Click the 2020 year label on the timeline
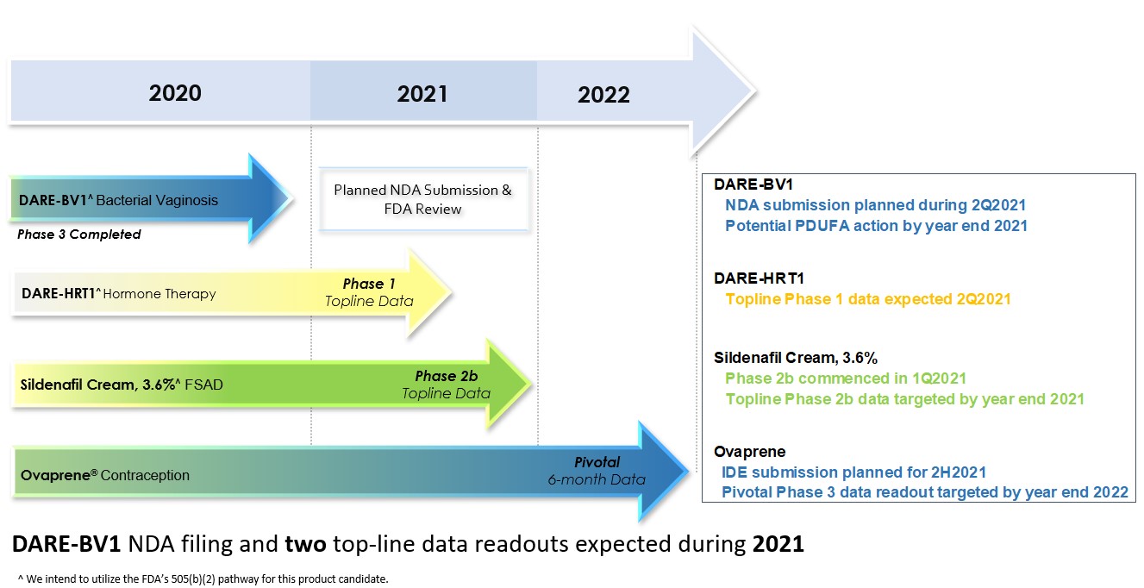point(175,92)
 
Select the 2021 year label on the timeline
point(422,93)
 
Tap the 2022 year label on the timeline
point(603,94)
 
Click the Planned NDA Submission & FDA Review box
point(422,199)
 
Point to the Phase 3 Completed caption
point(78,234)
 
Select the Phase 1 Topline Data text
point(369,292)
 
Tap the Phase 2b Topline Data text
point(446,385)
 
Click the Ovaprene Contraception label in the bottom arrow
point(105,475)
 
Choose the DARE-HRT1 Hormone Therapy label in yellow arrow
point(119,294)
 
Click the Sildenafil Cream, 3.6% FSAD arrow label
point(122,385)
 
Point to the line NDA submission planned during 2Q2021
point(875,205)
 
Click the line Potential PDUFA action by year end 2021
point(876,226)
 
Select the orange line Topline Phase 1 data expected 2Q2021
point(867,299)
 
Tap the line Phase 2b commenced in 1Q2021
point(845,378)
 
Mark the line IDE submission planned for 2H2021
point(853,472)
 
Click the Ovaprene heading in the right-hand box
point(749,452)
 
